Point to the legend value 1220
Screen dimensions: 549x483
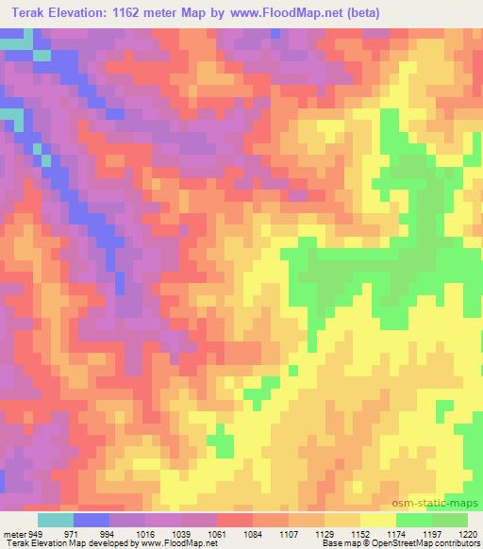click(468, 534)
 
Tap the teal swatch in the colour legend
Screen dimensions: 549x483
click(56, 520)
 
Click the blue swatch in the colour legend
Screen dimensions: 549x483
click(92, 520)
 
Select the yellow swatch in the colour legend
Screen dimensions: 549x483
click(377, 520)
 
